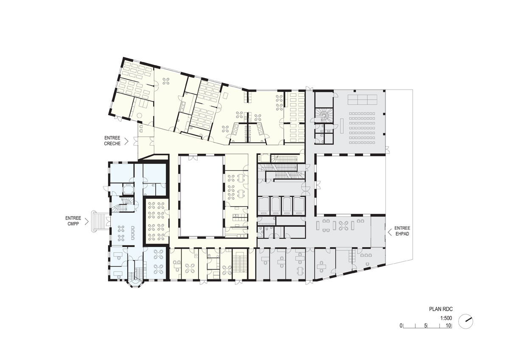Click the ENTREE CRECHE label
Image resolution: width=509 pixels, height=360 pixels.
tap(112, 141)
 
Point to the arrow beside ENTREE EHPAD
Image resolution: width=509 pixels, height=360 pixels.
tap(388, 231)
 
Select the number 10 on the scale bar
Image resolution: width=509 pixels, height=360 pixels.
tap(448, 326)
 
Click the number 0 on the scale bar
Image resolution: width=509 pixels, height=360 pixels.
tap(401, 326)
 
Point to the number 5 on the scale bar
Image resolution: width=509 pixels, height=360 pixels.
tap(425, 326)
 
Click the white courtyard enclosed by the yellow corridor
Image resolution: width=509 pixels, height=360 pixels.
tap(201, 195)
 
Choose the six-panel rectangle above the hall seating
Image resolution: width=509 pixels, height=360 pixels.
tap(362, 99)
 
